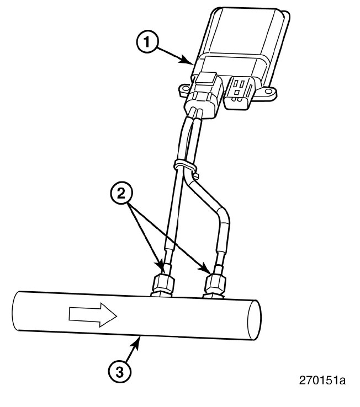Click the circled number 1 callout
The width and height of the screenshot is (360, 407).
click(x=147, y=42)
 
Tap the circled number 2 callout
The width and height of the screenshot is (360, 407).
click(x=121, y=194)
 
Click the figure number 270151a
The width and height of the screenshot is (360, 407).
click(x=322, y=381)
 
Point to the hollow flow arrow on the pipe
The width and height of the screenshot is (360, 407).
click(x=93, y=315)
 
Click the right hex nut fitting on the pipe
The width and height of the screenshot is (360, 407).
click(x=215, y=283)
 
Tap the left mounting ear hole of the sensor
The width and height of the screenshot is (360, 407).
click(x=186, y=89)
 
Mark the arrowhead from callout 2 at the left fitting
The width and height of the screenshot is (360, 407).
click(x=161, y=268)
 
